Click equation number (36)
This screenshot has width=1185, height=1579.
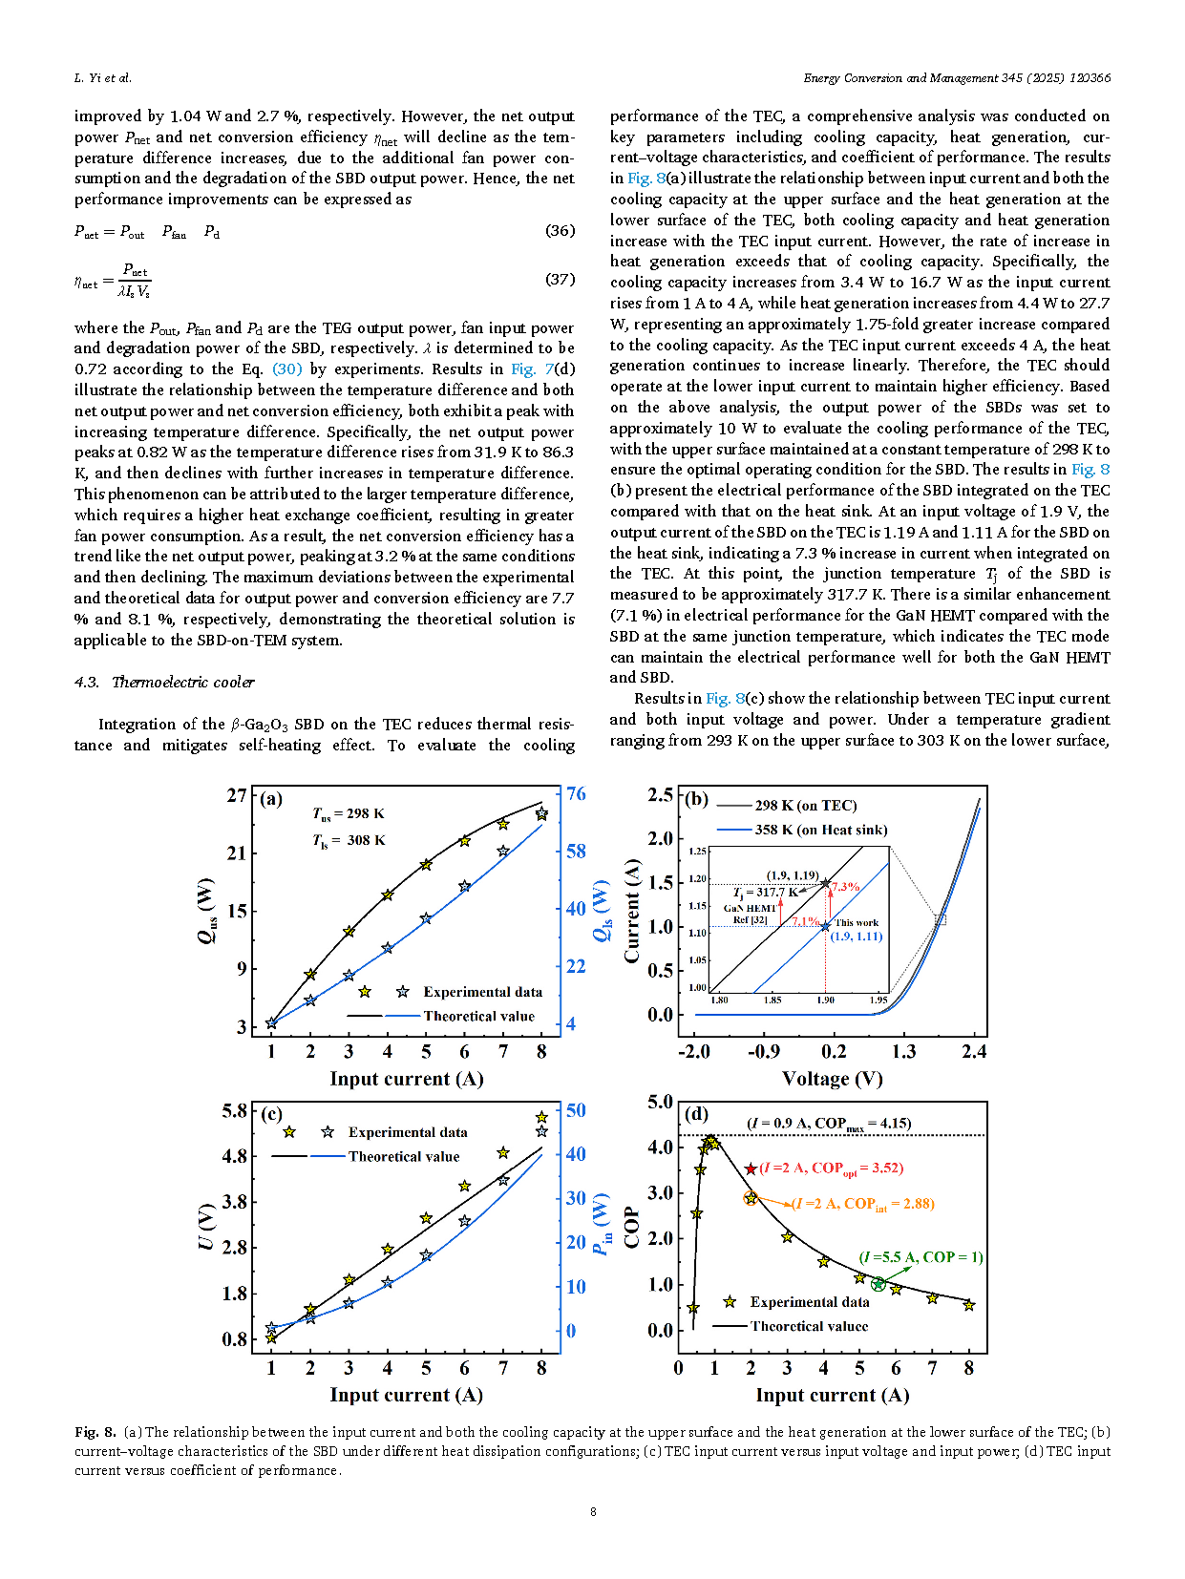560,231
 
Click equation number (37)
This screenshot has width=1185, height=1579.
560,280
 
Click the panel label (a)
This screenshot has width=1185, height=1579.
271,800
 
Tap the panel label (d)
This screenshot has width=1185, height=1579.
697,1114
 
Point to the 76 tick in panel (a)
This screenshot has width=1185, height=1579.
576,794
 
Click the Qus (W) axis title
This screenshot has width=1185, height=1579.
206,911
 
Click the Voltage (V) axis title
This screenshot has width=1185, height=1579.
832,1079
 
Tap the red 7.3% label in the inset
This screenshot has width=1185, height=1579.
846,887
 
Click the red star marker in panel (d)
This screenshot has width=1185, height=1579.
751,1168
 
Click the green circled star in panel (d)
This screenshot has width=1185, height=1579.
878,1284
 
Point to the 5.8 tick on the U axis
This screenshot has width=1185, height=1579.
235,1111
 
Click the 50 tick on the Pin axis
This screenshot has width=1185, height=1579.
576,1110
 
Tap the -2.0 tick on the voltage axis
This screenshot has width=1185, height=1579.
694,1052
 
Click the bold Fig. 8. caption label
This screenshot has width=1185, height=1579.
95,1432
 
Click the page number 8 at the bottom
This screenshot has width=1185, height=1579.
593,1511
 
